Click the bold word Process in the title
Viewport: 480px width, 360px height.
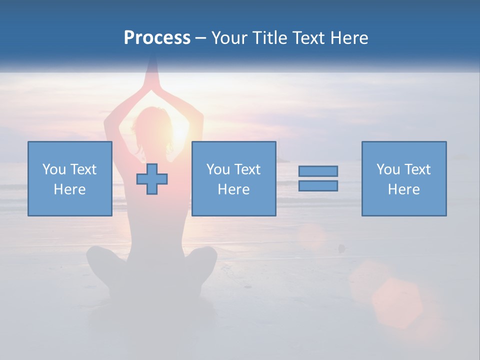point(157,38)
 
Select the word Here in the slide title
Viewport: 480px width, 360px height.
point(349,38)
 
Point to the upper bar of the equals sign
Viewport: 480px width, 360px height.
point(318,171)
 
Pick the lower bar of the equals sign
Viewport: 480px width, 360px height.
point(318,185)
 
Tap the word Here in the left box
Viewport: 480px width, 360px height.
point(69,189)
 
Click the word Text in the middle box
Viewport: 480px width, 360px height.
point(248,169)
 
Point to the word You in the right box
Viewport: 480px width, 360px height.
point(388,169)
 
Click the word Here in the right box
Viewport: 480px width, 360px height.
point(404,189)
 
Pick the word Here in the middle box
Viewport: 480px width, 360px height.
point(233,189)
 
